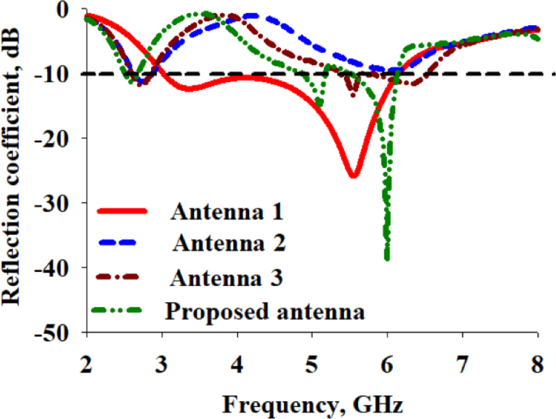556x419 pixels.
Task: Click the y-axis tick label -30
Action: click(x=57, y=203)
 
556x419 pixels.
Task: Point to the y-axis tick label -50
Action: click(x=57, y=332)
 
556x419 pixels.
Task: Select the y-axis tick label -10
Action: click(x=57, y=74)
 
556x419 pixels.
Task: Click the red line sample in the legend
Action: click(x=122, y=213)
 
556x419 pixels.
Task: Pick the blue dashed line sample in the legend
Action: click(x=122, y=244)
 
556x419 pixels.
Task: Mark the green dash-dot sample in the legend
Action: click(x=122, y=311)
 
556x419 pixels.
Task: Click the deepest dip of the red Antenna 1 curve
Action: click(x=353, y=175)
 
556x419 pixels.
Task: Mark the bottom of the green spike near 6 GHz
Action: click(x=387, y=257)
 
